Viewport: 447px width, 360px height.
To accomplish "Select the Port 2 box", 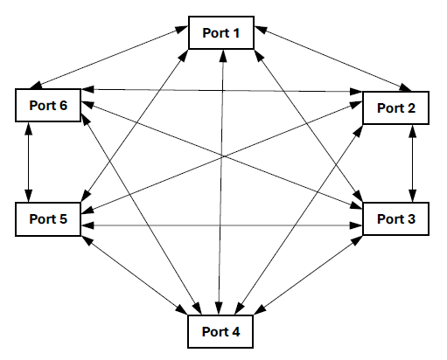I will coord(395,107).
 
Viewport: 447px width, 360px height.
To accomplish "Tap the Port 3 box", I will coord(395,218).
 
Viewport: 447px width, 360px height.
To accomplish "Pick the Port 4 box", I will coord(222,331).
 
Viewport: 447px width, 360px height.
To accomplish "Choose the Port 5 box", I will coord(48,218).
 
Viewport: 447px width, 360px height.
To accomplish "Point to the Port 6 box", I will coord(48,106).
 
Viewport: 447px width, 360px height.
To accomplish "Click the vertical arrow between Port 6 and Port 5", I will coord(30,162).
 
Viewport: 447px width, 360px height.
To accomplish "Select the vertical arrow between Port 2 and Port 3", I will coord(413,163).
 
